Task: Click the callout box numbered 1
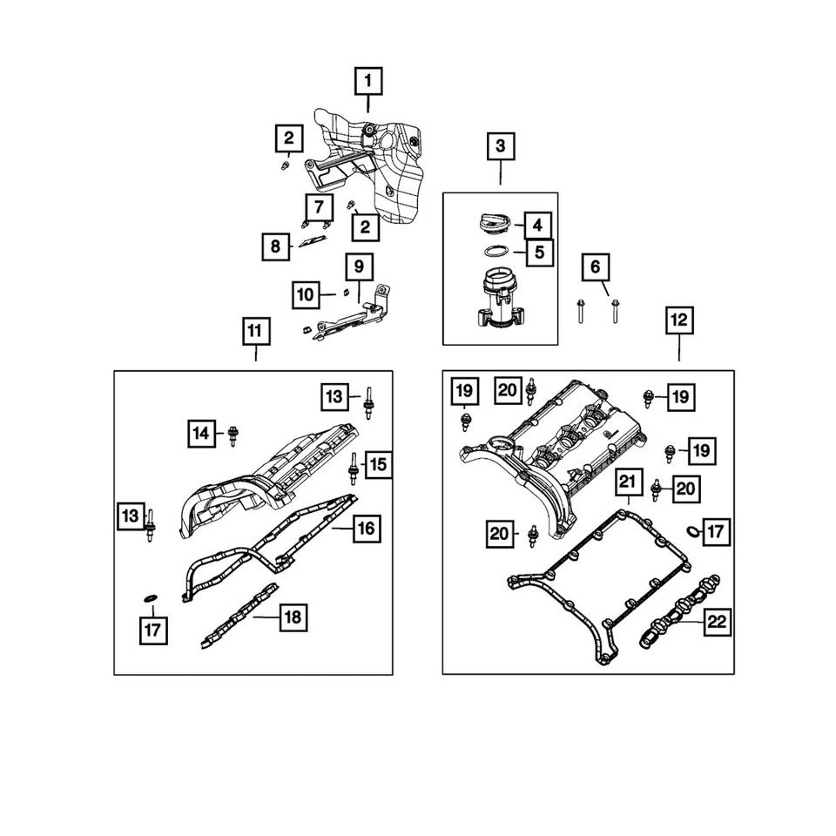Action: click(x=367, y=82)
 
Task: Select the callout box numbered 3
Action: click(x=501, y=145)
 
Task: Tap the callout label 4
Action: click(x=538, y=225)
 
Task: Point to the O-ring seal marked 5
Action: click(x=496, y=253)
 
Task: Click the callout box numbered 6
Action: click(x=596, y=267)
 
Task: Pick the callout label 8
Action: click(x=276, y=247)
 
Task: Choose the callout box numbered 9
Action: click(x=359, y=266)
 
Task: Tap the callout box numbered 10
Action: click(x=306, y=295)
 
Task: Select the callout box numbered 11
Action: click(x=255, y=331)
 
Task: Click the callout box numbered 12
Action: click(x=678, y=320)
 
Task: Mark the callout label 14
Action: click(x=203, y=431)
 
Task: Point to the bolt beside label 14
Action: click(x=233, y=434)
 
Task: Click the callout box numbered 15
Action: click(x=376, y=465)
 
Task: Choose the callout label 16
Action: click(x=366, y=528)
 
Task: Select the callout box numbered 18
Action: click(x=292, y=617)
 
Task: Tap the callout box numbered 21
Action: click(x=627, y=480)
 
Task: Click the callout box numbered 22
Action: click(x=716, y=622)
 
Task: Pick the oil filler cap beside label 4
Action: click(x=493, y=224)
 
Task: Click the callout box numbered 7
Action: click(x=319, y=207)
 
